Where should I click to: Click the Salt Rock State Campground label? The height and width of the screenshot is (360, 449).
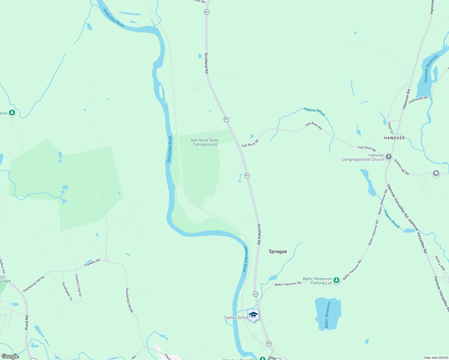(205, 142)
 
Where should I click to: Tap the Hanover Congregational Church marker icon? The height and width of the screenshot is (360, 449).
(389, 157)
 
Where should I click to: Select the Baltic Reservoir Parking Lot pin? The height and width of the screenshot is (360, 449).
(336, 280)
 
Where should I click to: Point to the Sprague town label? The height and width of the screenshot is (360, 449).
(278, 251)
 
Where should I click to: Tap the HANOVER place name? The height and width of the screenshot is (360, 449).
(394, 138)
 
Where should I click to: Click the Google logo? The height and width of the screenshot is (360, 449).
(10, 356)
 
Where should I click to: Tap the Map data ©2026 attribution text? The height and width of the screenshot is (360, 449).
(435, 358)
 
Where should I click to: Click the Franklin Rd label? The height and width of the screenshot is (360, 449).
(92, 263)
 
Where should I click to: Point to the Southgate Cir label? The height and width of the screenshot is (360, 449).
(67, 291)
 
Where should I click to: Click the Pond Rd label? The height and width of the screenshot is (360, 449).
(27, 322)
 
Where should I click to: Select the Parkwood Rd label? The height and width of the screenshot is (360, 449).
(418, 100)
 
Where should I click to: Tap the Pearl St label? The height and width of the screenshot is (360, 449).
(390, 127)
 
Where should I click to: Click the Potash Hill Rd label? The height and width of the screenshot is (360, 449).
(401, 167)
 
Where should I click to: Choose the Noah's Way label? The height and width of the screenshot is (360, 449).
(440, 263)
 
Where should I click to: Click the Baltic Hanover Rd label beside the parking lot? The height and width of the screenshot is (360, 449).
(288, 284)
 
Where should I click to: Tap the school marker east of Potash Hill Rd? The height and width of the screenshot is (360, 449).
(436, 173)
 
